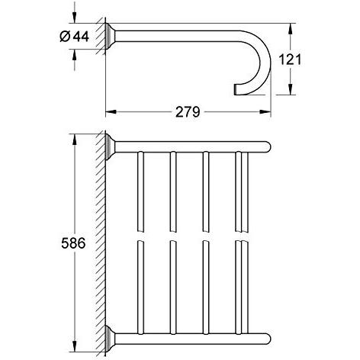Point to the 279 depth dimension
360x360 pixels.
(188, 112)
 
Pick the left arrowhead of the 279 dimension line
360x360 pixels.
(109, 111)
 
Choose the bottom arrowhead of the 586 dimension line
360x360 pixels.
(74, 344)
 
